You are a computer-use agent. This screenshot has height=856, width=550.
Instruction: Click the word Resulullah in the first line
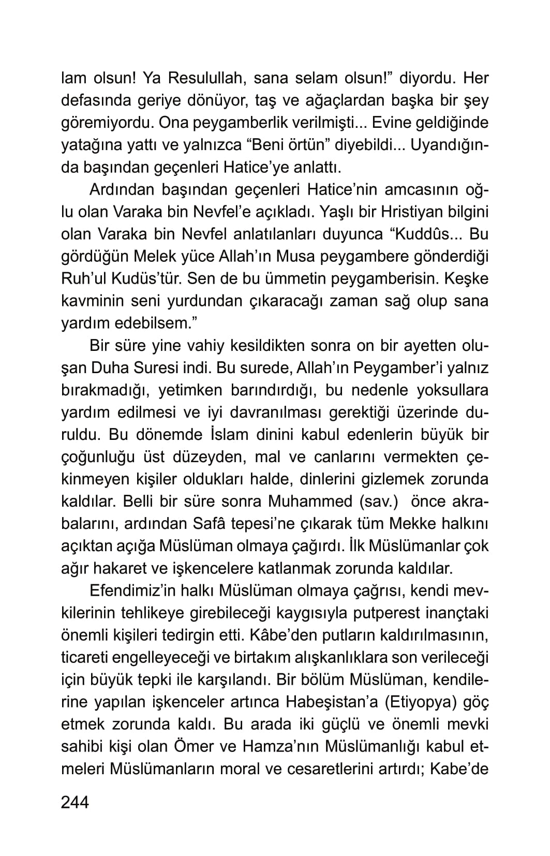(196, 79)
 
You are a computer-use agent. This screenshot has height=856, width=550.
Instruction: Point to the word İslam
(227, 435)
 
